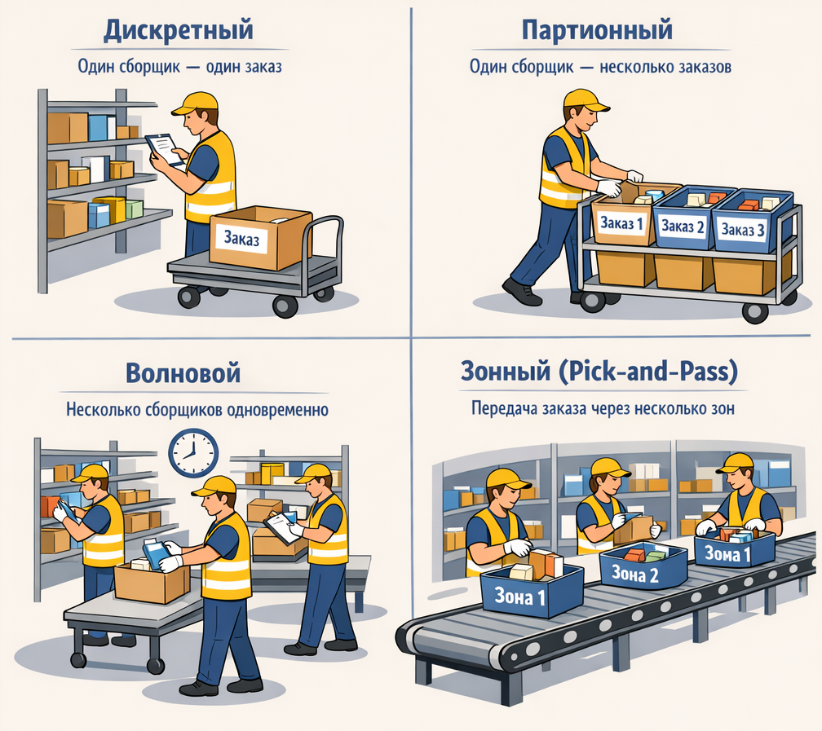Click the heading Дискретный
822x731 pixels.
(x=179, y=30)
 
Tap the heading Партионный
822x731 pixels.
(x=597, y=30)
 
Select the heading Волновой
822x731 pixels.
(x=183, y=373)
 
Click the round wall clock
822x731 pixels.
(x=193, y=453)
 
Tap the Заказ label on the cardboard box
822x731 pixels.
(x=241, y=239)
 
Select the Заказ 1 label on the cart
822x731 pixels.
(x=621, y=223)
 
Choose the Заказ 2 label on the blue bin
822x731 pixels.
(x=683, y=227)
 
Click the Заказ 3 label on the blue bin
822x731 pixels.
(x=743, y=230)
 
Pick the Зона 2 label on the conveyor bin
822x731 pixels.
(x=635, y=575)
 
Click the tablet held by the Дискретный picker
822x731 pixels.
(x=165, y=149)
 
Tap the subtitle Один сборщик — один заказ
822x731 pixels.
(x=179, y=67)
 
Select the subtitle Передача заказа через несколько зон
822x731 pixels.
(x=603, y=408)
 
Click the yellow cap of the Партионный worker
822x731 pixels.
(x=586, y=100)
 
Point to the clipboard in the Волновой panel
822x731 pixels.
(x=282, y=528)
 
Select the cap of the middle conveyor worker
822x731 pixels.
(x=610, y=468)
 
